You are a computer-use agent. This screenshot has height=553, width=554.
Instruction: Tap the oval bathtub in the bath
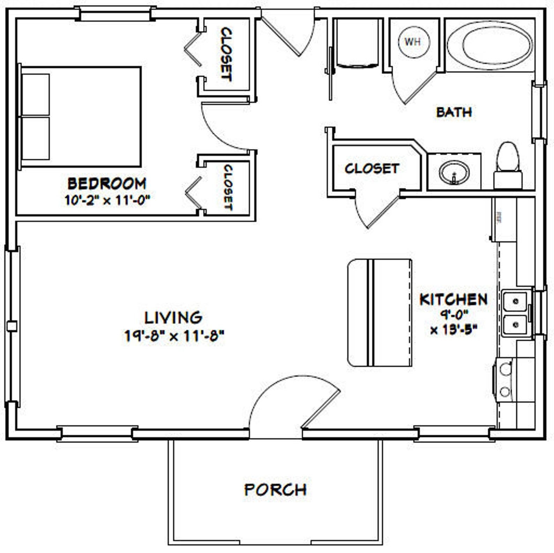[x=490, y=46]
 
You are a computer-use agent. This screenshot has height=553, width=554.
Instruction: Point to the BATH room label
[x=454, y=112]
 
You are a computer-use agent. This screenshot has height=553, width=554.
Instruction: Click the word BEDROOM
[x=106, y=184]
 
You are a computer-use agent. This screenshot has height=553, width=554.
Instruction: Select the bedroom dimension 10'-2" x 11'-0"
[x=107, y=200]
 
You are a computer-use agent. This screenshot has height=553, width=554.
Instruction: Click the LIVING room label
[x=173, y=317]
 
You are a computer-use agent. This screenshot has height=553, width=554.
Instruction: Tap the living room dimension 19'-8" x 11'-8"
[x=174, y=336]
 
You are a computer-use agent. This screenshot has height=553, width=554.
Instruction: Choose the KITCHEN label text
[x=453, y=299]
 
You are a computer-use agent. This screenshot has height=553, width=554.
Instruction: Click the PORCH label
[x=275, y=490]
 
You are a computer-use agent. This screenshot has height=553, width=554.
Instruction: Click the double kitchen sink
[x=515, y=313]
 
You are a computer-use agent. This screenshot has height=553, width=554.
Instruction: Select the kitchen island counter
[x=380, y=312]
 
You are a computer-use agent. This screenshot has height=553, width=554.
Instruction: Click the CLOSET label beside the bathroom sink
[x=372, y=169]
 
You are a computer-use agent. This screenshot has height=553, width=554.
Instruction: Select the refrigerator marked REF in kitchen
[x=504, y=220]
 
